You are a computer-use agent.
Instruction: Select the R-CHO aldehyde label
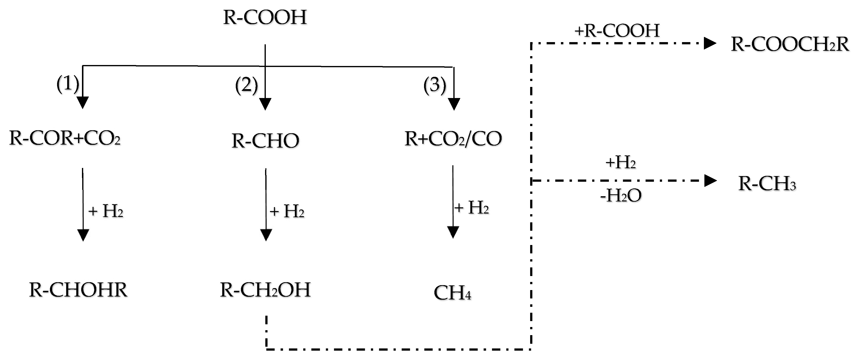coord(265,141)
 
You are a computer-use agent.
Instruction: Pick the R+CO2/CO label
coord(453,139)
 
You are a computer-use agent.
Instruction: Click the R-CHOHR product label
coord(78,290)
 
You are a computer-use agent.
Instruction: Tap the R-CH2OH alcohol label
coord(265,290)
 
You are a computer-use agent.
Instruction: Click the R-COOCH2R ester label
coord(790,45)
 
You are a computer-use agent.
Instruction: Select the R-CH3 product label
coord(767,183)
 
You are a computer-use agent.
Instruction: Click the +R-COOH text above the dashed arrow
coord(617,31)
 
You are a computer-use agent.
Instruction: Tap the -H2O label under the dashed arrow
coord(621,196)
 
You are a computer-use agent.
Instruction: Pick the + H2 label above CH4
coord(472,208)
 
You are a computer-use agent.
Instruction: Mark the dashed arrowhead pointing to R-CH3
coord(710,181)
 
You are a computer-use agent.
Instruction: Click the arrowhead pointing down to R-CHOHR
coord(83,235)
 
